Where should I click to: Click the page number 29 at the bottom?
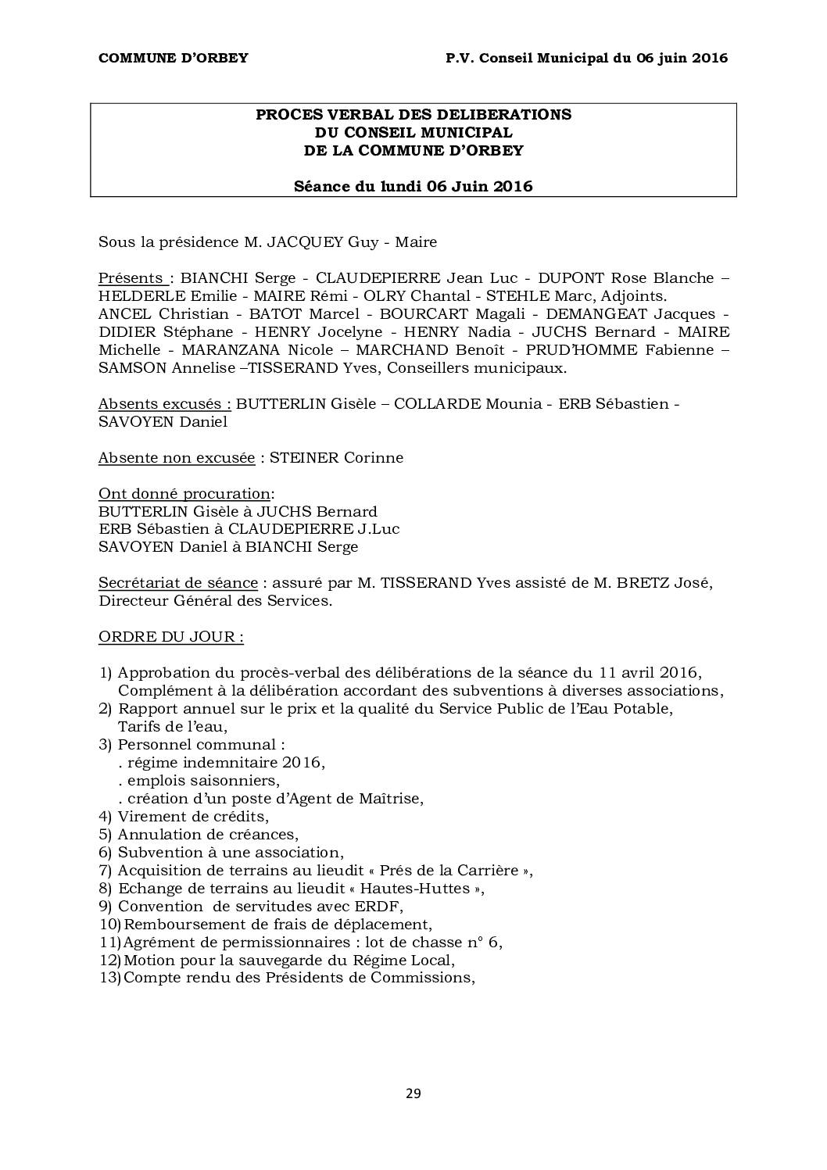[413, 1093]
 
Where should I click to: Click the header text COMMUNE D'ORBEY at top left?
[173, 58]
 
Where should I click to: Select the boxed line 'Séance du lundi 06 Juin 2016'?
[413, 186]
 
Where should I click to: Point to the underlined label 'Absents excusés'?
[164, 404]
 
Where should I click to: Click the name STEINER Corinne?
[336, 458]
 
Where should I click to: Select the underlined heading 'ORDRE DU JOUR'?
[170, 637]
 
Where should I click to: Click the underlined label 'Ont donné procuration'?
[184, 494]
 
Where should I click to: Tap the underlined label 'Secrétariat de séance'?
[177, 583]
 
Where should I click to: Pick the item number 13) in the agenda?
[109, 979]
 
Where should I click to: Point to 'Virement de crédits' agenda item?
[192, 817]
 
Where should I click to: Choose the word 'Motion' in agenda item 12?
[148, 961]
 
